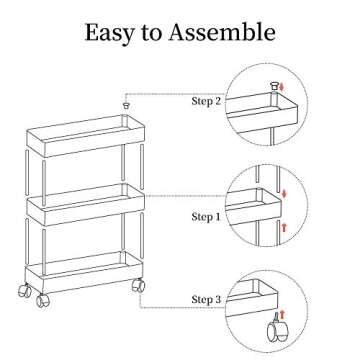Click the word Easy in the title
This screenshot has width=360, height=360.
(110, 32)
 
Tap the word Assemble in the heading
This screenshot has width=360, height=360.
(221, 32)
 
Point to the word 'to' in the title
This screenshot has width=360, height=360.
(153, 33)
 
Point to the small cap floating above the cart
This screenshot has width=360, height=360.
(126, 104)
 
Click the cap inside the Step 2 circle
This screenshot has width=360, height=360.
(271, 89)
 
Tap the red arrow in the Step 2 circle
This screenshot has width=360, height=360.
(283, 92)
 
